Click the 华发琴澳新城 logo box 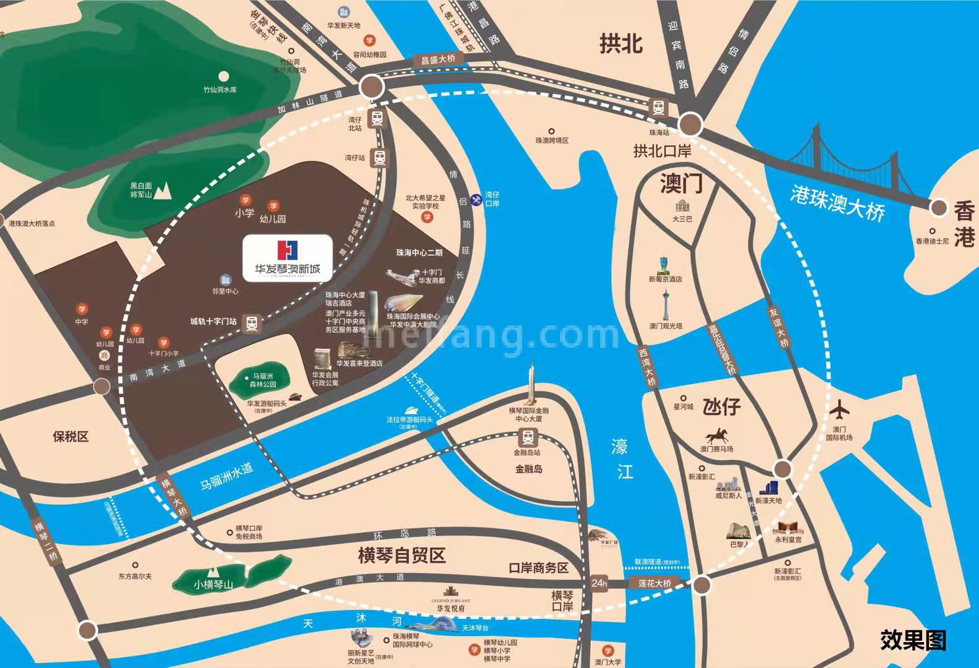(288, 259)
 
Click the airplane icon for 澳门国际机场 (840, 409)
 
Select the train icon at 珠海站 (659, 108)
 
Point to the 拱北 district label (621, 43)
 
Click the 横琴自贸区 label (402, 555)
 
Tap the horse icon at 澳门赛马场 (716, 434)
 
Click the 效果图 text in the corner (913, 640)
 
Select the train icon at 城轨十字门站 (252, 322)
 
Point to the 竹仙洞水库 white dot (223, 77)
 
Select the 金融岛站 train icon (527, 438)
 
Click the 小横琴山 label (213, 583)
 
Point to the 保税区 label (70, 437)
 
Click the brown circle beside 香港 (939, 208)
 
